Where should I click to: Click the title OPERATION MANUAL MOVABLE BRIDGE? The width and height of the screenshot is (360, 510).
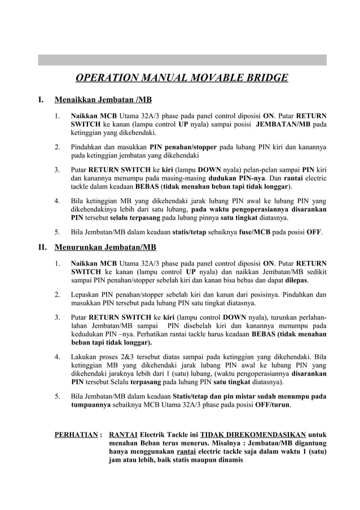coord(182,78)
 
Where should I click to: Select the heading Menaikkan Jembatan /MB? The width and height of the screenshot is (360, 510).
coord(103,101)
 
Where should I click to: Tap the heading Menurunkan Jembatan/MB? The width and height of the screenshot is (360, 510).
coord(105,247)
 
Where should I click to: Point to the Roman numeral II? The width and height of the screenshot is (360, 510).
coord(42,247)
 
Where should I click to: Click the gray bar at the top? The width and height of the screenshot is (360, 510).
coord(182,59)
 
